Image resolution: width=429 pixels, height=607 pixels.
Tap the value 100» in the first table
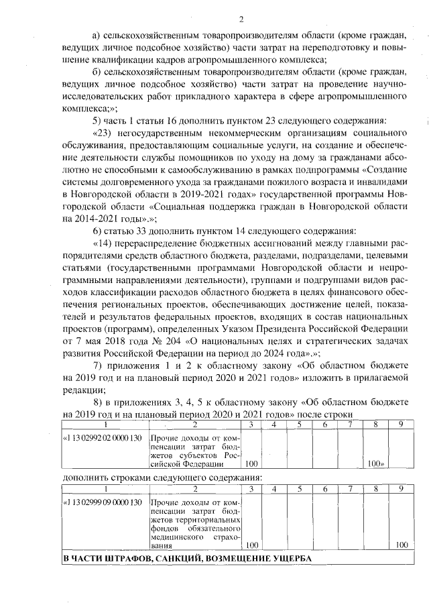tap(376, 463)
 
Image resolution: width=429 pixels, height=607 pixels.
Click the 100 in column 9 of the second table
tap(402, 545)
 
